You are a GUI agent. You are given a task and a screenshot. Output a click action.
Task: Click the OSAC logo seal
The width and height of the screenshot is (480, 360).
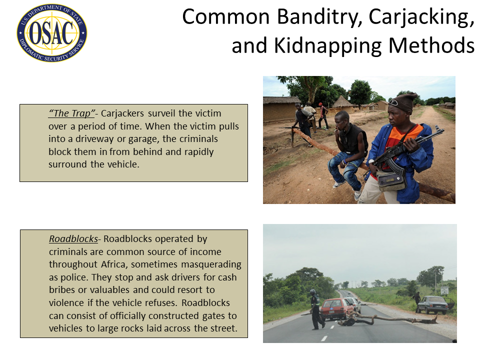(51, 33)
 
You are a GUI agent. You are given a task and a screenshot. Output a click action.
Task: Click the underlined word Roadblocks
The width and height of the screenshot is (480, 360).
(73, 239)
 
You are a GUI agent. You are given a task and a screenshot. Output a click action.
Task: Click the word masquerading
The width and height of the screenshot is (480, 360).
(211, 265)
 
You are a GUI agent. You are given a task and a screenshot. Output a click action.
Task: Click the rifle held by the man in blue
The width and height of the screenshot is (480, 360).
(404, 150)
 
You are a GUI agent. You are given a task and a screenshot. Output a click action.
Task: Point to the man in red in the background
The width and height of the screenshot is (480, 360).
(322, 115)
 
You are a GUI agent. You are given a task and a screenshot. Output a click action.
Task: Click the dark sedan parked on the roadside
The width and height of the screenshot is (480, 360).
(434, 304)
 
